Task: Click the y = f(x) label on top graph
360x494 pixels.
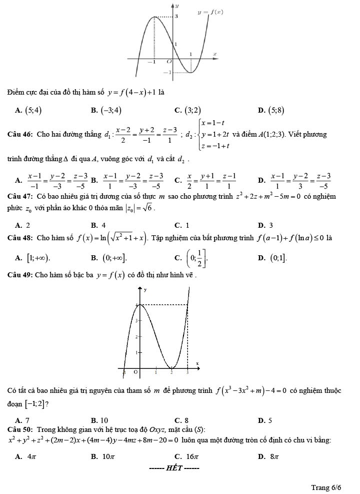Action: tap(210, 12)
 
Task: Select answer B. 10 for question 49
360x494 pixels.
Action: tap(99, 420)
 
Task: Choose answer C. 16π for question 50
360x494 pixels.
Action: tap(186, 456)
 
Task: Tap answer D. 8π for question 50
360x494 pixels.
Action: tap(268, 456)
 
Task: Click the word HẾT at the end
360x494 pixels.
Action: tap(174, 468)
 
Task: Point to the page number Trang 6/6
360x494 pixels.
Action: tap(326, 487)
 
